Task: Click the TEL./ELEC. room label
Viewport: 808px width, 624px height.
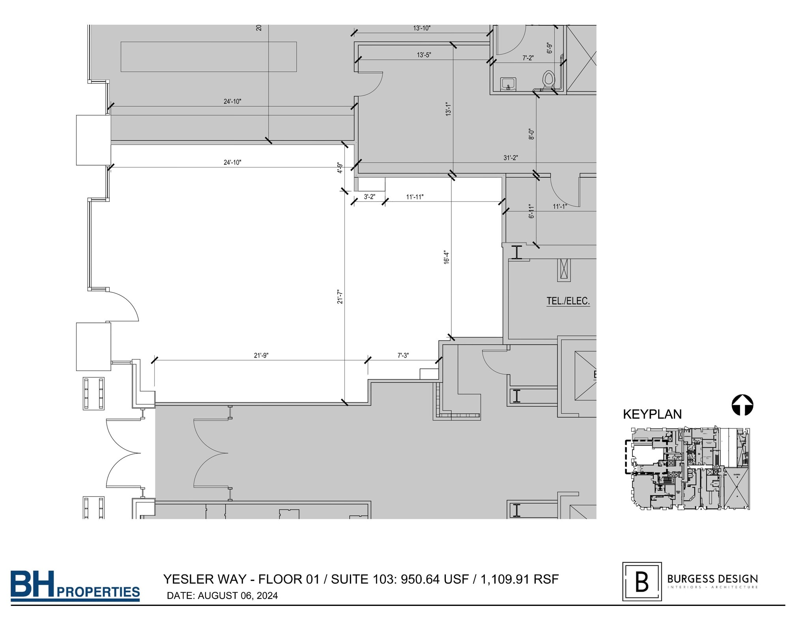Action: coord(568,301)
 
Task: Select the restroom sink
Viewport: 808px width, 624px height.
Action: coord(508,84)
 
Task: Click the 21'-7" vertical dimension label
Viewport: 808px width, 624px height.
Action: coord(340,297)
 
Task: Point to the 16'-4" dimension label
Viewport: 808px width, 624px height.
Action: coord(446,257)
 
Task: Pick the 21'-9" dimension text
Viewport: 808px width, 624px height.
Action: coord(261,355)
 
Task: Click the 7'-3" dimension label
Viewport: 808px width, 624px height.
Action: coord(403,355)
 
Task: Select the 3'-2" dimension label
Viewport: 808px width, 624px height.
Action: coord(369,197)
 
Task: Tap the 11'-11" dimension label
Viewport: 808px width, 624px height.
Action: coord(415,197)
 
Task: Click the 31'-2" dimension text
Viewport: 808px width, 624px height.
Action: coord(511,158)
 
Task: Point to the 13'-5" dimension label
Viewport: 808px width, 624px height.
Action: coord(424,55)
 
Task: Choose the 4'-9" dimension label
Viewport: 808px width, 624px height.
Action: coord(340,168)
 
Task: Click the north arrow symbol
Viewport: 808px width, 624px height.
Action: coord(742,405)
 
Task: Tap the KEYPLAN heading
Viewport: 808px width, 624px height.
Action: coord(652,414)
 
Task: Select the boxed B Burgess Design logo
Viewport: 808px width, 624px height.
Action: coord(642,581)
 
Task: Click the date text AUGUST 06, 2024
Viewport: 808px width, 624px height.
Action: coord(238,596)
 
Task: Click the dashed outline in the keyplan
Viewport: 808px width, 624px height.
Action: coord(626,457)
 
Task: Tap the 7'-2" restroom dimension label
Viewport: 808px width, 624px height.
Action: coord(528,58)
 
